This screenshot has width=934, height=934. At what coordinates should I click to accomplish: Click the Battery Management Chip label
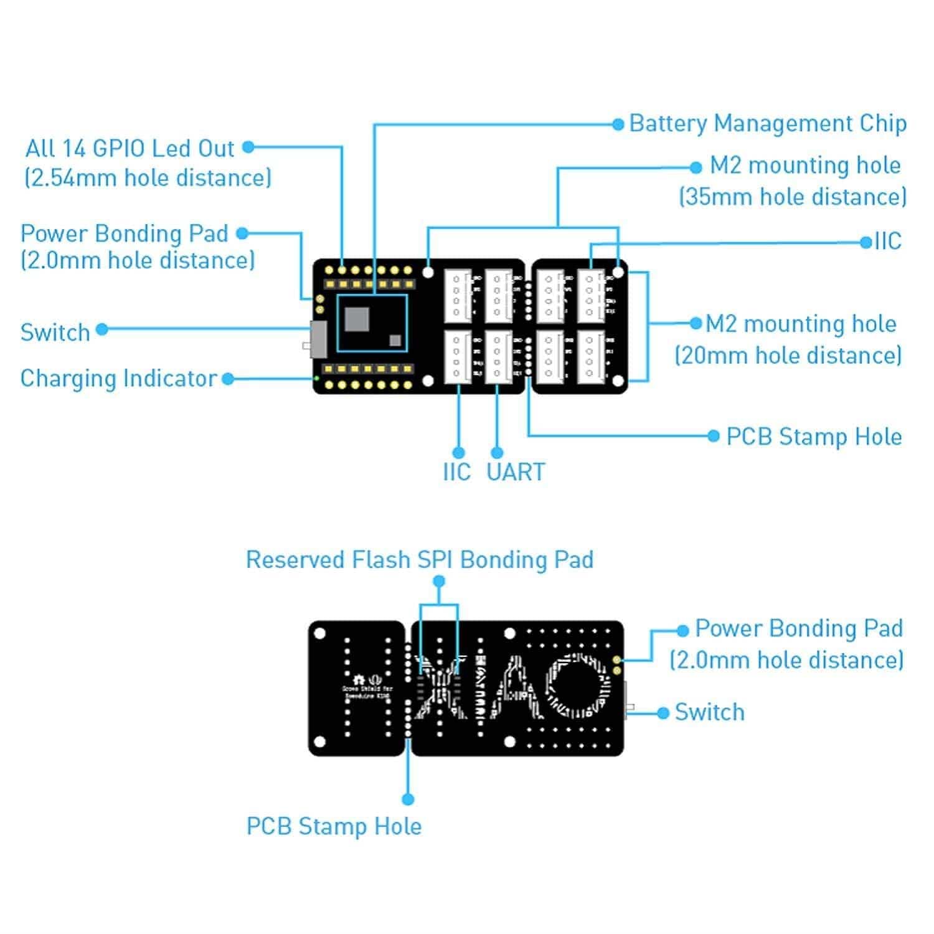point(767,123)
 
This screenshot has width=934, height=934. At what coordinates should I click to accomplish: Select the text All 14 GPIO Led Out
point(130,149)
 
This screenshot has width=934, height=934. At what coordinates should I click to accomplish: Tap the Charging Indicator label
point(118,379)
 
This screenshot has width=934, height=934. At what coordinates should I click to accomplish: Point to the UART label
point(516,472)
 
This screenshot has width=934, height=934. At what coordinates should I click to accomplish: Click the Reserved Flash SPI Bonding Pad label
point(420,560)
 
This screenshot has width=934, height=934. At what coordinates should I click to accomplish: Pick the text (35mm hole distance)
point(792,197)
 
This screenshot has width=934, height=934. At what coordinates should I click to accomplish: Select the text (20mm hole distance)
point(788,356)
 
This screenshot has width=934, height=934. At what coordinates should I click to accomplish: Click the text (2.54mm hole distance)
point(148,178)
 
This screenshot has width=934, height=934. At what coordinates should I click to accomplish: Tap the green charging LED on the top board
point(316,378)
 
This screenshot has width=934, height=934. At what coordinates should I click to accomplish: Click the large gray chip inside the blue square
point(356,319)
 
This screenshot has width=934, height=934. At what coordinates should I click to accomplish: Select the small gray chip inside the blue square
point(395,340)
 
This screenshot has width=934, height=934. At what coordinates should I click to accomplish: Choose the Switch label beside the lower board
point(709,712)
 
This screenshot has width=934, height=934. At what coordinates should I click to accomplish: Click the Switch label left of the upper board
point(55,333)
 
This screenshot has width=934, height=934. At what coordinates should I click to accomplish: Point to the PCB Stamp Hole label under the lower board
point(334,827)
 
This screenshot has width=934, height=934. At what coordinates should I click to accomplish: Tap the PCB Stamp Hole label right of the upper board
point(814,437)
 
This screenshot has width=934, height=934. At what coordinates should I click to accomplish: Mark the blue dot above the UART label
point(497,453)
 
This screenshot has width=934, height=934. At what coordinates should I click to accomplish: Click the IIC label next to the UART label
point(456,472)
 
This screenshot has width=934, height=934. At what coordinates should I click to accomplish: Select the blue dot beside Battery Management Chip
point(618,125)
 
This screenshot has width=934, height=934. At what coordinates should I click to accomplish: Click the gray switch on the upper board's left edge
point(318,339)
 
